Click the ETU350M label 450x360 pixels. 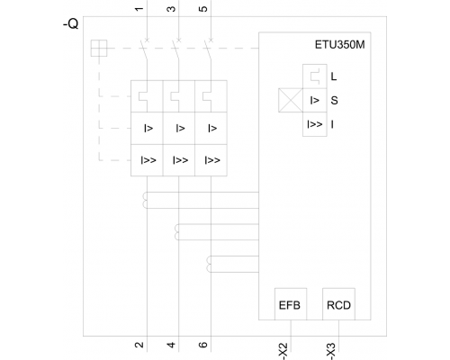coord(339,45)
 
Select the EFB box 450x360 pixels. coord(291,304)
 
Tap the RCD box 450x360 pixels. coord(338,304)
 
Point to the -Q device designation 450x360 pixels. coord(71,23)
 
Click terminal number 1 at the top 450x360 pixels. coord(139,9)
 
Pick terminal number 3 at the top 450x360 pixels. coord(171,9)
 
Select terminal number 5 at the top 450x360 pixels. coord(203,9)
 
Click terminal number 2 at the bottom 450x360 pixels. coord(139,345)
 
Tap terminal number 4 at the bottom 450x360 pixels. coord(171,345)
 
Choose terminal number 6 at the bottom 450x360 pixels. coord(203,345)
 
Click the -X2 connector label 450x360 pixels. coord(283,351)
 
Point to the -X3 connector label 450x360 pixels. coord(331,351)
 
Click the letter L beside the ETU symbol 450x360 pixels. coord(334,76)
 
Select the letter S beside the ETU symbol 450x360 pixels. coord(334,100)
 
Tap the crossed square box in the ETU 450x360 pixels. coord(291,100)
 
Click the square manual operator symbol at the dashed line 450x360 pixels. coord(99,48)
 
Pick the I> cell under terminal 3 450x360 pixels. coord(179,128)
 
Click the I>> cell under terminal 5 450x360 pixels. coord(211,160)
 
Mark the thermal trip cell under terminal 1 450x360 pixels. coord(147,96)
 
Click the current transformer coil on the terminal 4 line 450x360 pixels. coord(176,232)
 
